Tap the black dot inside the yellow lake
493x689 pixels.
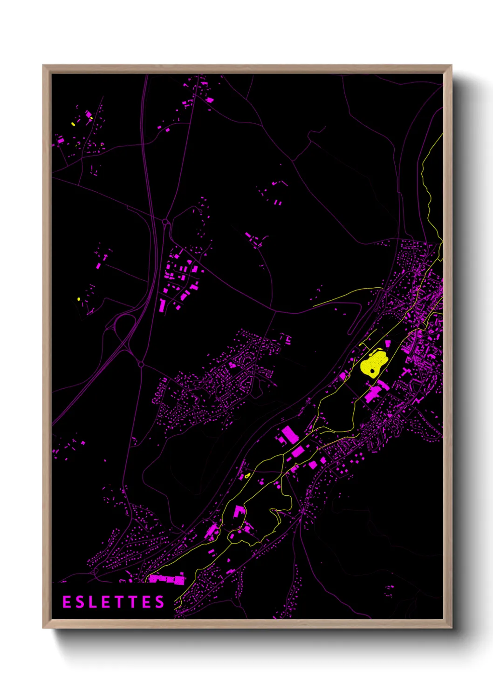pyautogui.click(x=372, y=371)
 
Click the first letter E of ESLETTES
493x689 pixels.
pyautogui.click(x=67, y=602)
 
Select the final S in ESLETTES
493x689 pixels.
pyautogui.click(x=160, y=602)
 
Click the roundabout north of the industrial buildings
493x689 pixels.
pyautogui.click(x=166, y=222)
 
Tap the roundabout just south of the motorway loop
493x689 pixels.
pyautogui.click(x=141, y=365)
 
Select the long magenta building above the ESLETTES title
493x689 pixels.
pyautogui.click(x=167, y=579)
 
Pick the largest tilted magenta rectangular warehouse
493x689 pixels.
pyautogui.click(x=290, y=434)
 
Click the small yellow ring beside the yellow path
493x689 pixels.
pyautogui.click(x=247, y=475)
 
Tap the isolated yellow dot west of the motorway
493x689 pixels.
pyautogui.click(x=79, y=299)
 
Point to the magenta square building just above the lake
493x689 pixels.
pyautogui.click(x=388, y=343)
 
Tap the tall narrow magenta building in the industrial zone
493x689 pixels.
pyautogui.click(x=162, y=305)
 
